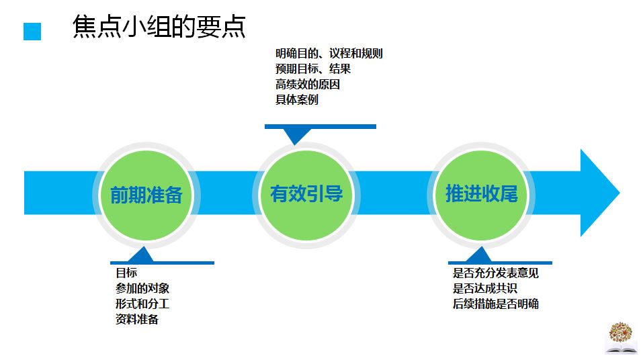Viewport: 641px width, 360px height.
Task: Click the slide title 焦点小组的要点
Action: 159,28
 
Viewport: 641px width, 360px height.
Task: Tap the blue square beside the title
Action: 32,32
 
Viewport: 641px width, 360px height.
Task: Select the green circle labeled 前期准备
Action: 146,195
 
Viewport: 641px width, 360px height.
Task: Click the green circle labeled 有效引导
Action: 306,194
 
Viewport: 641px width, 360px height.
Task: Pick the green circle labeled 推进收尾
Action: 482,194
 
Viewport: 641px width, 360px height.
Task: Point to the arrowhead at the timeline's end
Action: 599,192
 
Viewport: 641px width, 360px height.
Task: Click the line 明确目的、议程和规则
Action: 329,53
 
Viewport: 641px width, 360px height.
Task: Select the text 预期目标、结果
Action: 312,69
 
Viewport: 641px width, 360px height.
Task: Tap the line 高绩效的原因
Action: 307,85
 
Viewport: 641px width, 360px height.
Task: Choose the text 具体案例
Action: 296,100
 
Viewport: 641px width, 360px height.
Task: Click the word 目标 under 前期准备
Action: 126,273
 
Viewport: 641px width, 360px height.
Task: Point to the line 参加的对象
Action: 142,288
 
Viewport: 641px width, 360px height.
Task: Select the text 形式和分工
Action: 142,304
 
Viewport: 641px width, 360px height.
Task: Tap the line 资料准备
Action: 137,319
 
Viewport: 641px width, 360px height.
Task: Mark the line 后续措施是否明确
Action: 496,304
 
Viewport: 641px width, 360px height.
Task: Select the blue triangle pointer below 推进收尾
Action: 480,255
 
